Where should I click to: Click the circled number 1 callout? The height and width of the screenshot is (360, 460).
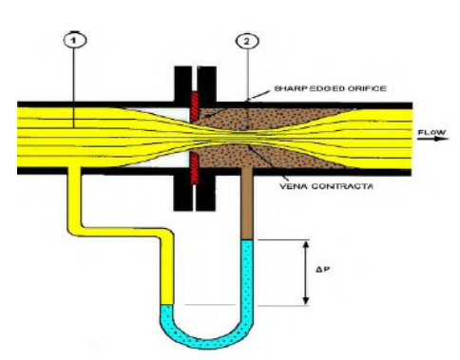74,40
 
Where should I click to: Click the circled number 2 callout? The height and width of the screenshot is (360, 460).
247,41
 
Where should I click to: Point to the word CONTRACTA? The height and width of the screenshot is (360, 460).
342,186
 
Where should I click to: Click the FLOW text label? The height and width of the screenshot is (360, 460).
431,132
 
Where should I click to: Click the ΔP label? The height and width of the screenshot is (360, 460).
322,270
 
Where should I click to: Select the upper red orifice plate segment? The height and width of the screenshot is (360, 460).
195,106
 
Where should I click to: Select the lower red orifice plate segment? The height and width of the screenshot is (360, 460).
195,169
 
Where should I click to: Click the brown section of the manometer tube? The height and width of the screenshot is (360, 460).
247,202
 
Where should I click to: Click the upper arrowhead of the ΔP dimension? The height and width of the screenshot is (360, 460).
306,245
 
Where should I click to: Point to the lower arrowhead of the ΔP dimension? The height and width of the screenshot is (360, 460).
306,300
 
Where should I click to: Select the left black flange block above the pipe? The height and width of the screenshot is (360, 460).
182,84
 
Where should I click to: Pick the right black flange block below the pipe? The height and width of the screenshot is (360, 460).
206,192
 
